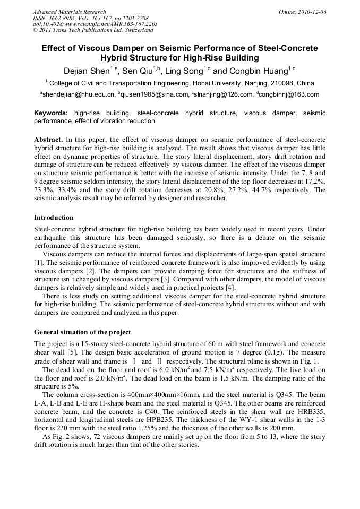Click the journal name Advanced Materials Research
click(x=69, y=11)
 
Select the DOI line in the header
click(x=95, y=24)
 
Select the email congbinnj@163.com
click(x=289, y=95)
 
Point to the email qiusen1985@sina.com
click(x=155, y=95)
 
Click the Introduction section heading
click(x=54, y=218)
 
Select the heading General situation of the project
click(x=82, y=332)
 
